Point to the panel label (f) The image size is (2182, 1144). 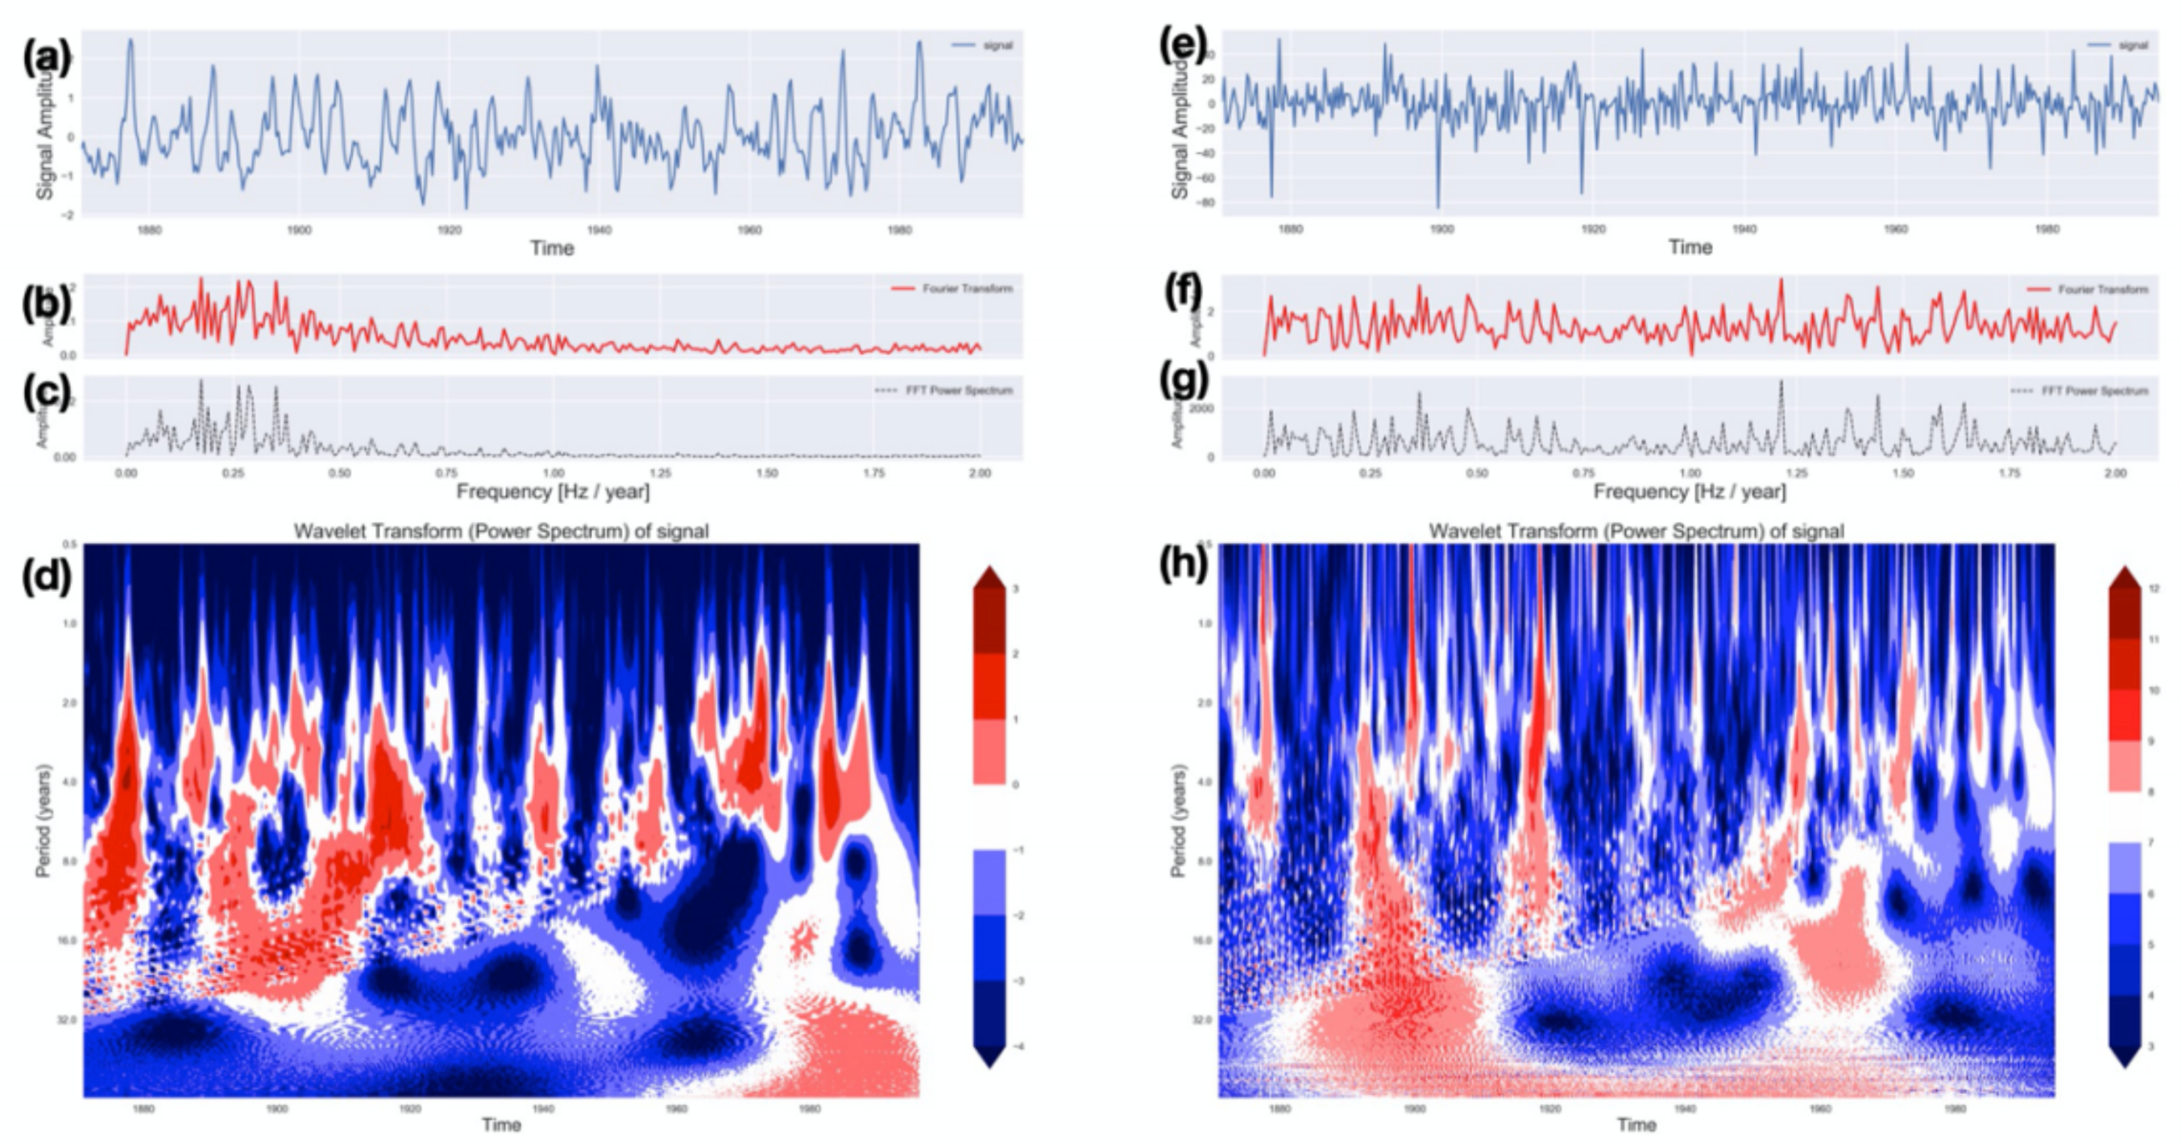click(x=1184, y=292)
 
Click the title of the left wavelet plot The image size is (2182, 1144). click(x=500, y=531)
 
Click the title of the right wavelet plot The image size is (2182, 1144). click(x=1636, y=531)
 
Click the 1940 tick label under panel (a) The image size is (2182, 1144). click(x=599, y=230)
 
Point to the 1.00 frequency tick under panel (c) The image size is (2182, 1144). click(x=553, y=474)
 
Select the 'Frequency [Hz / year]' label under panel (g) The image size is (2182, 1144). click(x=1689, y=491)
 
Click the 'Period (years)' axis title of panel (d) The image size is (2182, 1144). click(x=44, y=819)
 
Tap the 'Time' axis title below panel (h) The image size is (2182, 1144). click(x=1636, y=1125)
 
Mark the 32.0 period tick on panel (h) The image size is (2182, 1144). click(x=1204, y=1019)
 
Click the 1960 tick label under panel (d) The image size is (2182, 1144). click(x=676, y=1109)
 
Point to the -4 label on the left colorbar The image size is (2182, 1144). click(x=1016, y=1047)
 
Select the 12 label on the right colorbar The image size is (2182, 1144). click(x=2154, y=588)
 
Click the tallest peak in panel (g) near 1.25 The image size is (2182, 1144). click(x=1781, y=382)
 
